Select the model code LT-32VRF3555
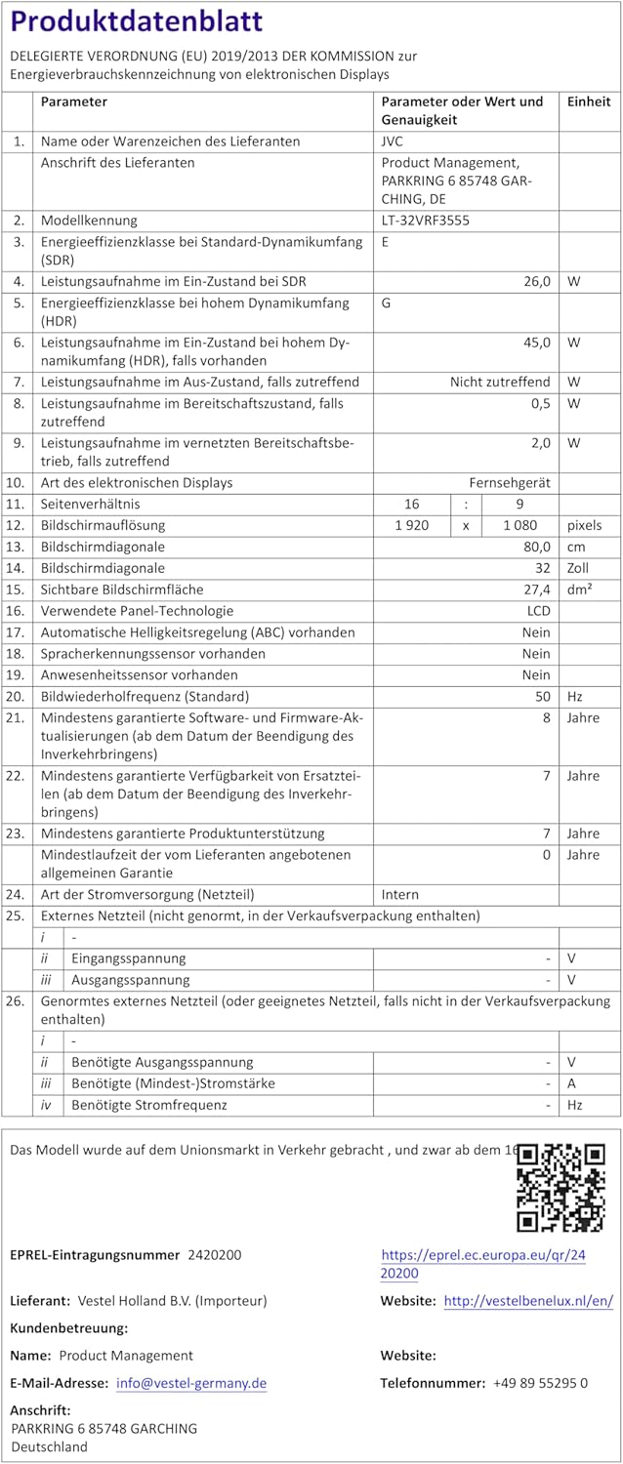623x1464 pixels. [x=425, y=221]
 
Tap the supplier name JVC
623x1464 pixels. [x=392, y=142]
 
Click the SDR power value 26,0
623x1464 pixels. [x=537, y=281]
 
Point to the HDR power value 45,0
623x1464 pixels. [x=537, y=343]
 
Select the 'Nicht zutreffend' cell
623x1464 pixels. [x=500, y=382]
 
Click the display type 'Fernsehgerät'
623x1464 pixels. [x=510, y=482]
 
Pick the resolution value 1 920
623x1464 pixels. [x=411, y=525]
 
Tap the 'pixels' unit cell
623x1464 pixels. [x=585, y=525]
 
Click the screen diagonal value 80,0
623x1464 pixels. [x=537, y=547]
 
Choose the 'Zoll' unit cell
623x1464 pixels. [x=579, y=568]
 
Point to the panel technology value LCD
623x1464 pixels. [x=538, y=611]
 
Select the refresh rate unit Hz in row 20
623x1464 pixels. [x=574, y=697]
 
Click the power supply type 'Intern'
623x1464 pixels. [x=399, y=894]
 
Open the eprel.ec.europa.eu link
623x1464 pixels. [x=482, y=1264]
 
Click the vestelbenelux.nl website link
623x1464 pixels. [x=528, y=1301]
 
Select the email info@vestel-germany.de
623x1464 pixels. [x=191, y=1383]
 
